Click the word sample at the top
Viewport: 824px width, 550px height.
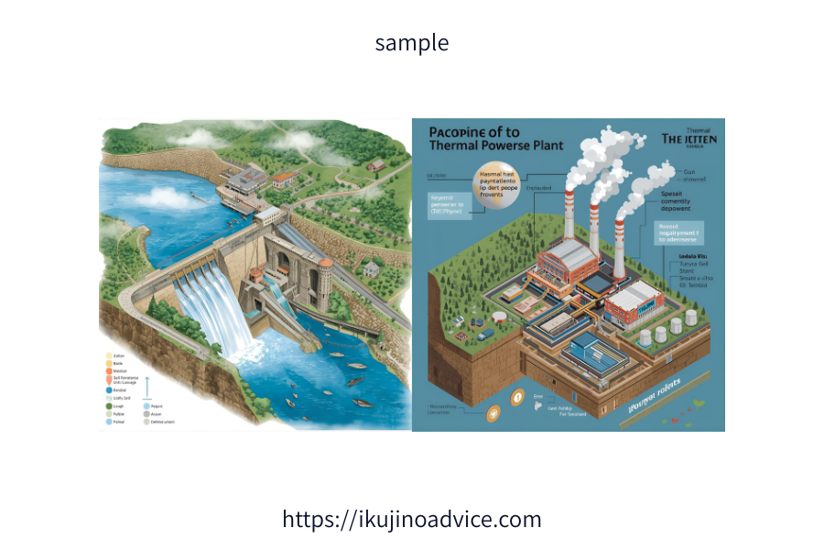[412, 42]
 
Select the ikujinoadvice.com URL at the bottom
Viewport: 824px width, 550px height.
[412, 519]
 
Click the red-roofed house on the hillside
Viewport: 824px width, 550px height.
[285, 177]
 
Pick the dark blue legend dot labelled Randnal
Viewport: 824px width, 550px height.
[109, 389]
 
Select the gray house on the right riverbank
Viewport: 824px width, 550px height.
[371, 268]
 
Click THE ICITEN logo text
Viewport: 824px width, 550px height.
[688, 139]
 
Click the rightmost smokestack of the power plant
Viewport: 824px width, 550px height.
[620, 247]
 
